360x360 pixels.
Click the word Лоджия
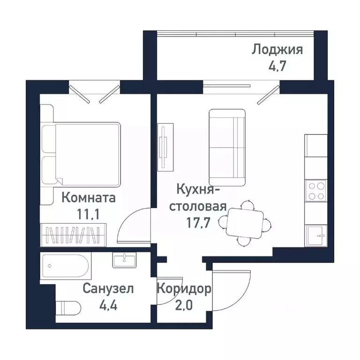[277, 49]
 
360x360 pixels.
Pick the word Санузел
[108, 289]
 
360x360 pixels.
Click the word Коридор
[184, 288]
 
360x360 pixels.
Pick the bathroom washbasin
[124, 260]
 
